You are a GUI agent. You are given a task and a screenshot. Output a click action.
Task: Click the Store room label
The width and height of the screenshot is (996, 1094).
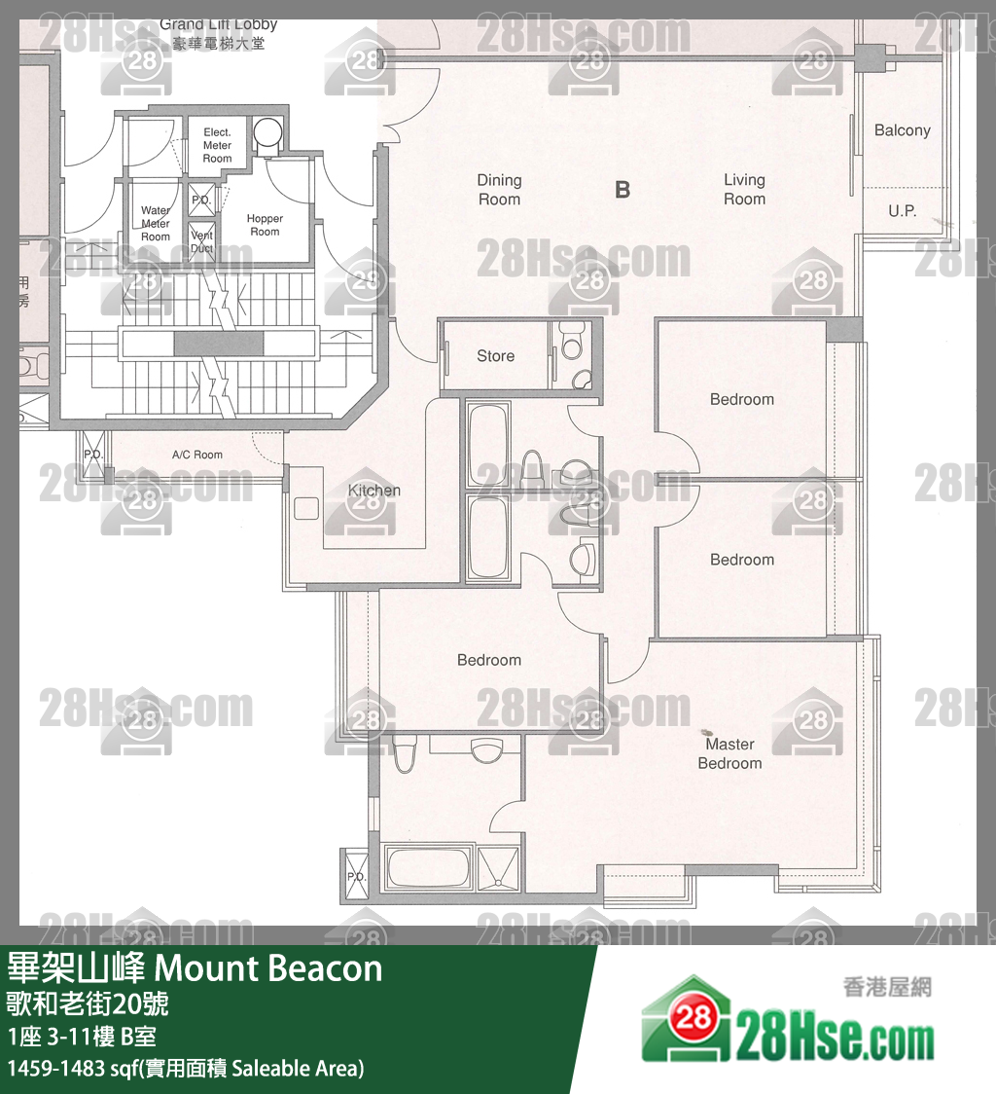495,356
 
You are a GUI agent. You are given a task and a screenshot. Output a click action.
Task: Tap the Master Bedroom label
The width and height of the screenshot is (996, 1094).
729,753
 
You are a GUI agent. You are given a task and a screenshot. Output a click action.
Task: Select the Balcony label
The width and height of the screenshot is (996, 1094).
902,130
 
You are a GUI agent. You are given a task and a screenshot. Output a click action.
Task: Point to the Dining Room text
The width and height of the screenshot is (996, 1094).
499,190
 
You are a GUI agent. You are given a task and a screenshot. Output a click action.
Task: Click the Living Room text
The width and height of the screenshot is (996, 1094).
744,190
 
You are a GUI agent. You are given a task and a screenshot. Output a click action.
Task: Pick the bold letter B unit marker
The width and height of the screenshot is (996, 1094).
622,190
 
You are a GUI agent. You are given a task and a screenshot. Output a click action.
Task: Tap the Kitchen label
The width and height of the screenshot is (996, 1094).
373,491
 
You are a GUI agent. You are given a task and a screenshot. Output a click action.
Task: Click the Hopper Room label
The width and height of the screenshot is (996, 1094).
265,225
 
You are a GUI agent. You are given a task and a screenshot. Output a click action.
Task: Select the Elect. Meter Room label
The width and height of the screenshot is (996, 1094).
217,145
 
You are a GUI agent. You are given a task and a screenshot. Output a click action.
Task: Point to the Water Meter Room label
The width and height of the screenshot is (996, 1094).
156,223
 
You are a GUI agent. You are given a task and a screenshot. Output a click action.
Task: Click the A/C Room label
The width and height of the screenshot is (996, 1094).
197,455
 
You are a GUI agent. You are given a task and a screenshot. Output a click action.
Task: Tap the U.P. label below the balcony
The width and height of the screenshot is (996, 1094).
902,210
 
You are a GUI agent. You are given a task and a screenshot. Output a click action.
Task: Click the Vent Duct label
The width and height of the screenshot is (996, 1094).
201,241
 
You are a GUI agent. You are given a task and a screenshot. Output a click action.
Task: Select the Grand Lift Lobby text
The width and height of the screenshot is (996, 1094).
218,33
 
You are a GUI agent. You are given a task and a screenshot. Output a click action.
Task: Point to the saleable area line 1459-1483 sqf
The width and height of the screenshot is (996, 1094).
185,1068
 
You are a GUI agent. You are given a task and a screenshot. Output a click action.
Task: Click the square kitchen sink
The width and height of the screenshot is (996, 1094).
306,507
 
